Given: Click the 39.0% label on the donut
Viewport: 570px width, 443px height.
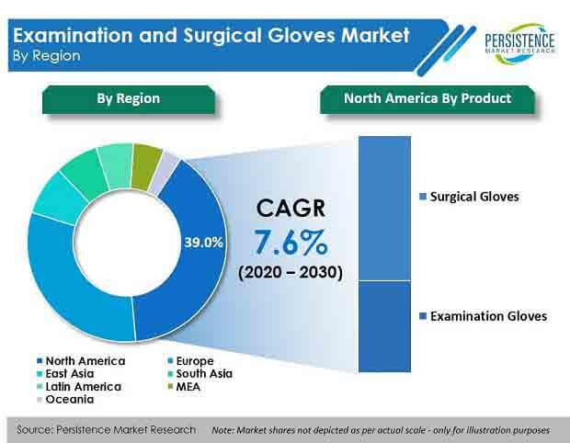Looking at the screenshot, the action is tap(203, 243).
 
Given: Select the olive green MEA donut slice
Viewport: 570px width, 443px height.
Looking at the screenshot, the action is tap(146, 166).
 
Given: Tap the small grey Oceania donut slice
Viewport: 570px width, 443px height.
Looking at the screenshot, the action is tap(165, 173).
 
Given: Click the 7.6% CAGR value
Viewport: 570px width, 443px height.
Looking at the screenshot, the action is tap(291, 242).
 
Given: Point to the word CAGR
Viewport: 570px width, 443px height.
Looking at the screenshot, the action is tap(291, 209).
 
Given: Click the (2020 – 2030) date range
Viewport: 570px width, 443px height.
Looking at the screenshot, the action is tap(291, 272).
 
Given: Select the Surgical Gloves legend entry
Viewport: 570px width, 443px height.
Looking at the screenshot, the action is tap(469, 197).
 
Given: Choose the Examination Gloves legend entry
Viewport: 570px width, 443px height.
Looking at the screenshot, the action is tap(483, 316).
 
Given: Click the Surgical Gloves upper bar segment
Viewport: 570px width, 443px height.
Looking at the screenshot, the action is tap(384, 209).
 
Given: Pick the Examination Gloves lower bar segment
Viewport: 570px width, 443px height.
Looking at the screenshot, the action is tap(384, 326).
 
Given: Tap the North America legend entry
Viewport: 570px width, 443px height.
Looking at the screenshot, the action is tap(81, 361).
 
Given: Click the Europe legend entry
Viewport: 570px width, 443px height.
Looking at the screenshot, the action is tap(190, 361).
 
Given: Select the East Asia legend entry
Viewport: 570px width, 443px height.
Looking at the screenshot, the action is tap(65, 373).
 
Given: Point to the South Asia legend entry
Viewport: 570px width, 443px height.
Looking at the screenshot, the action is tap(199, 373).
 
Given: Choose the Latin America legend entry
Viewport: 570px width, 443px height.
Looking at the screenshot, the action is tap(79, 387).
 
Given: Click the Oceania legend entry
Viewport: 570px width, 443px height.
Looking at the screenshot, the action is tap(65, 400).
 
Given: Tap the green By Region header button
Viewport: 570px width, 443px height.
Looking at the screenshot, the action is tap(129, 99).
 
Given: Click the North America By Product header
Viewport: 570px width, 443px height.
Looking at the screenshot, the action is tap(427, 99).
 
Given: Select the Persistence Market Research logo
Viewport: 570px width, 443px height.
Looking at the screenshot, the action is tap(519, 43).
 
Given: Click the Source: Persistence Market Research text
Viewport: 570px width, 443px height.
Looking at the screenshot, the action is tap(106, 430).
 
